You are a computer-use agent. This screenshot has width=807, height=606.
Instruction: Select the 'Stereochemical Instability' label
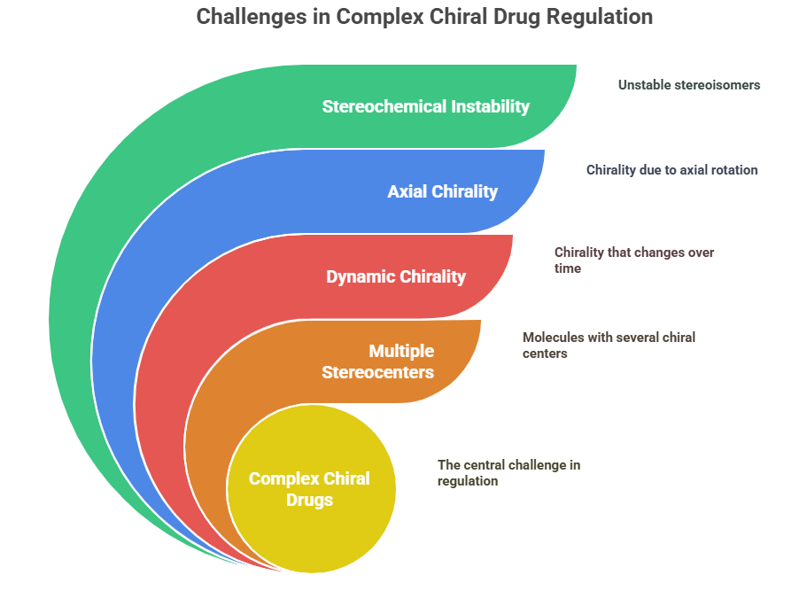(425, 106)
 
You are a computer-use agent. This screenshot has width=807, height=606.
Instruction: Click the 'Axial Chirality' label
(443, 191)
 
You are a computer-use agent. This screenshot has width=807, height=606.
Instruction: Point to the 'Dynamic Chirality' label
(396, 276)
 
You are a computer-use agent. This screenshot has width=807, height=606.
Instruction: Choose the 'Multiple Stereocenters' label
(377, 361)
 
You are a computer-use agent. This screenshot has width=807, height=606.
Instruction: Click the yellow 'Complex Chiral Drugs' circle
(312, 489)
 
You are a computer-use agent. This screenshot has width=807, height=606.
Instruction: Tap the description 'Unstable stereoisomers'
(689, 85)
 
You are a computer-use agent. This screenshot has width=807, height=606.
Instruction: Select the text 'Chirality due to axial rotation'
(672, 170)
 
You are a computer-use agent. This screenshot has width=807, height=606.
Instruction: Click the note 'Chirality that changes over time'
(634, 260)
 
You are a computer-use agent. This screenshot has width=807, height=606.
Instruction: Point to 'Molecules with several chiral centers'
(609, 345)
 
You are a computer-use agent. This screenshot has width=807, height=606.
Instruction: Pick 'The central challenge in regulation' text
(509, 472)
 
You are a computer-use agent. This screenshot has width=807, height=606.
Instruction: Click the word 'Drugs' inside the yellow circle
(310, 500)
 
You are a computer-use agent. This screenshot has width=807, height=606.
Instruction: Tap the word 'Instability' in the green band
(491, 106)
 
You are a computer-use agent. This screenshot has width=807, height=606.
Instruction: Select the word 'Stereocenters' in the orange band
(377, 372)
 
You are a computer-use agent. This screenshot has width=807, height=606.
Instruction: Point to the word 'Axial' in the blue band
(407, 191)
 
